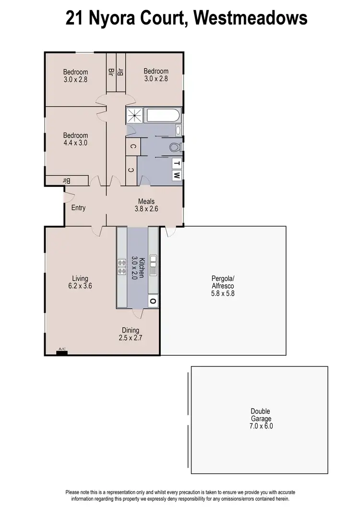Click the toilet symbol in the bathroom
click(176, 147)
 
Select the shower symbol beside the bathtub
click(135, 116)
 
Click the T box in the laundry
click(177, 163)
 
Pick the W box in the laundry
click(177, 175)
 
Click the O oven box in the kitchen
click(153, 301)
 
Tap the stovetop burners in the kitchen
click(122, 267)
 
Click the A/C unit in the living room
click(61, 353)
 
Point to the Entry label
click(78, 208)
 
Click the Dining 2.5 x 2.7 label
click(131, 334)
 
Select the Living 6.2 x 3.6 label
click(80, 282)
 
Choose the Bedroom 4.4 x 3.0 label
click(76, 139)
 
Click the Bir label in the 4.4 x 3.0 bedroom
click(67, 181)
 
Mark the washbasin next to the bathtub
click(179, 130)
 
